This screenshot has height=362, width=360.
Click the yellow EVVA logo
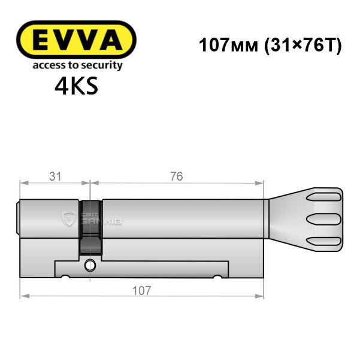pyautogui.click(x=76, y=39)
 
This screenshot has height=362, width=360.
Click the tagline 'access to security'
pyautogui.click(x=77, y=65)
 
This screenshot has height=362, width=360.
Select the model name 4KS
pyautogui.click(x=77, y=86)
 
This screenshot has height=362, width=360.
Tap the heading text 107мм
pyautogui.click(x=228, y=45)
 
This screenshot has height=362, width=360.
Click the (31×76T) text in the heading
pyautogui.click(x=302, y=45)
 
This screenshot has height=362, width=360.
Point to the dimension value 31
pyautogui.click(x=56, y=177)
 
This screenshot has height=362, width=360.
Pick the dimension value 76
pyautogui.click(x=177, y=177)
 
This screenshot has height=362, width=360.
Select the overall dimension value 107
pyautogui.click(x=141, y=290)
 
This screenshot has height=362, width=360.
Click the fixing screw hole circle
pyautogui.click(x=90, y=266)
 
